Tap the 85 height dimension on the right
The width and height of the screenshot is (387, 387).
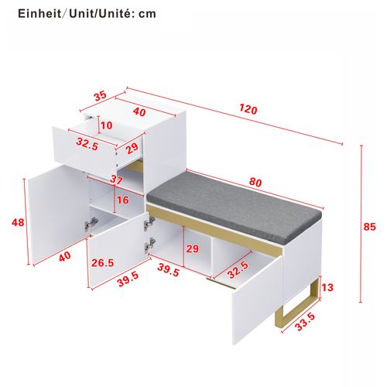[x=369, y=227]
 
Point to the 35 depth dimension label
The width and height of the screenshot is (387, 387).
[x=100, y=97]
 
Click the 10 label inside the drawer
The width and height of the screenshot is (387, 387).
[x=106, y=125]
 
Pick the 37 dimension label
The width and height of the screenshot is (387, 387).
[x=117, y=180]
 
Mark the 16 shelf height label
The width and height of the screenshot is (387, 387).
[x=122, y=200]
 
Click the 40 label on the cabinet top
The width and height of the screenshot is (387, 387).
[x=139, y=111]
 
